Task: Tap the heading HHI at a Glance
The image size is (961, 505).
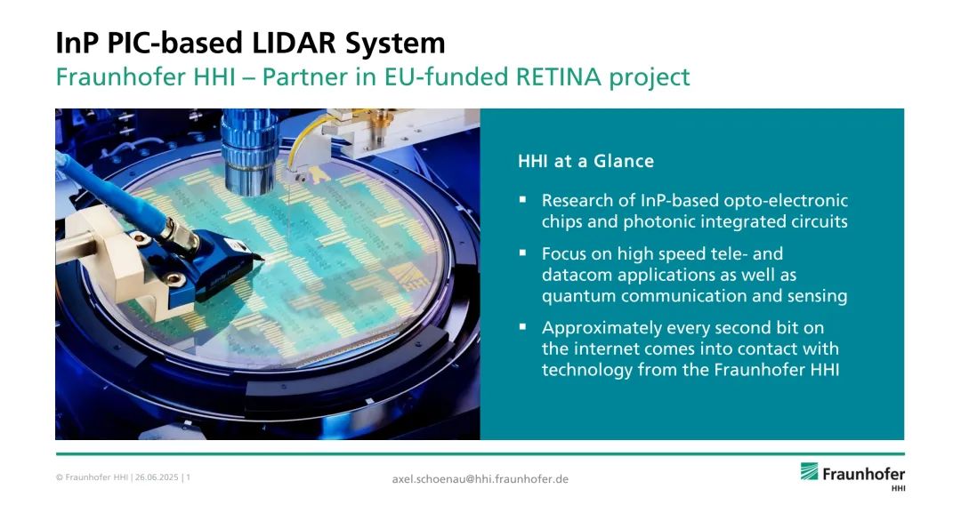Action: (585, 161)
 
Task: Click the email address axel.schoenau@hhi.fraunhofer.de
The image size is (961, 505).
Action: (480, 478)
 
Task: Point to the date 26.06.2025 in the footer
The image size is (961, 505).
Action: (157, 477)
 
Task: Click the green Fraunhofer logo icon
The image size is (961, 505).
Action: (809, 471)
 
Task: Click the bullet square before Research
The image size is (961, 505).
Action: (522, 198)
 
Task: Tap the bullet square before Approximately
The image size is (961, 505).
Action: (522, 326)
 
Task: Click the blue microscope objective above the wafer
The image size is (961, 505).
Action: (250, 153)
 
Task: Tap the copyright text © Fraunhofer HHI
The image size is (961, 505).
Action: (92, 477)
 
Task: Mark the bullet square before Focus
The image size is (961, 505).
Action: (522, 252)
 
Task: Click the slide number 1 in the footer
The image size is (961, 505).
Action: (188, 477)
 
